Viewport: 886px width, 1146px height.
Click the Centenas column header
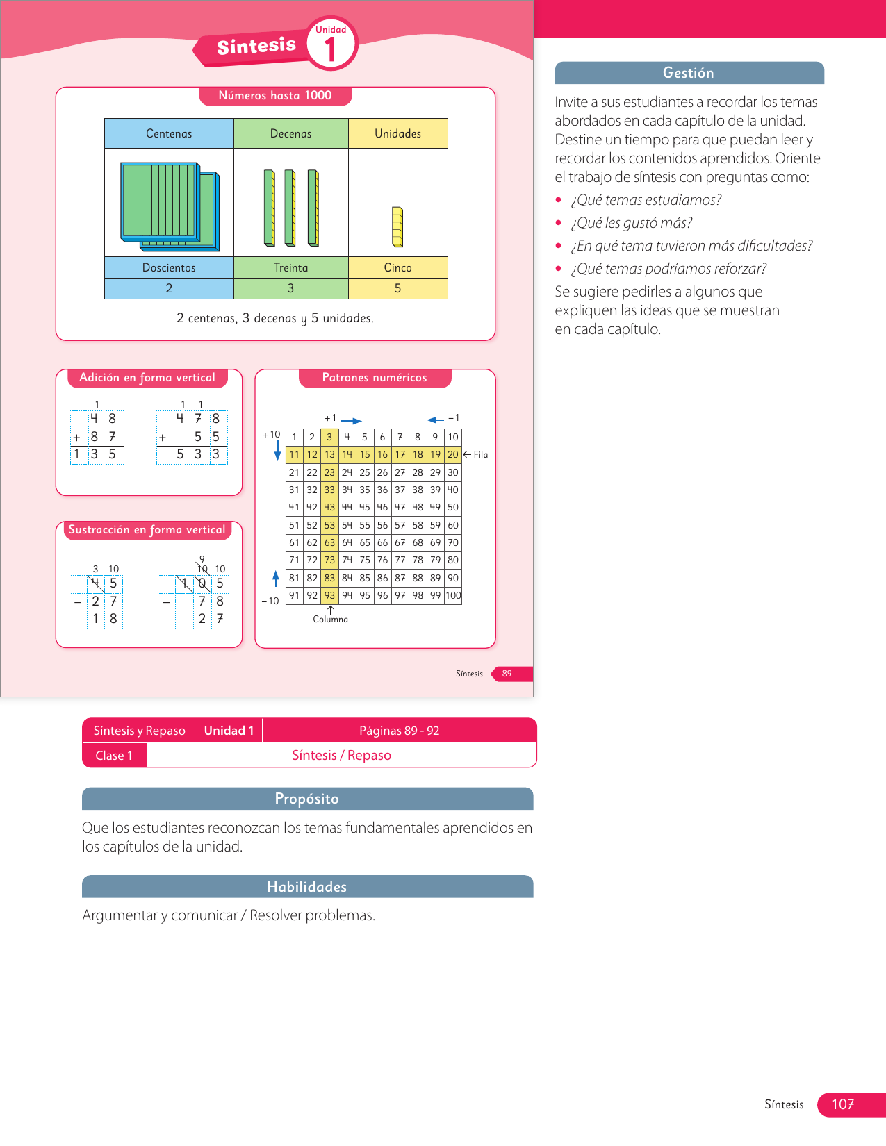pyautogui.click(x=169, y=133)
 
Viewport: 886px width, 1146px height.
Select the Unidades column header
pyautogui.click(x=397, y=133)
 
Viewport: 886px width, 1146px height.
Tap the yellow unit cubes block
pyautogui.click(x=397, y=226)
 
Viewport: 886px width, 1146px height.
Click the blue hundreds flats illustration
pyautogui.click(x=170, y=206)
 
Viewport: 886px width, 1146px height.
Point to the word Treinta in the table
pyautogui.click(x=290, y=267)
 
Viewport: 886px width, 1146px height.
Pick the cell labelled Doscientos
pyautogui.click(x=169, y=267)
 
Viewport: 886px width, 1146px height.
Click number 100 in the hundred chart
pyautogui.click(x=453, y=595)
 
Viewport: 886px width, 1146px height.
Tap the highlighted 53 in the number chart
pyautogui.click(x=329, y=525)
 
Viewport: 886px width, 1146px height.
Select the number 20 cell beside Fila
pyautogui.click(x=453, y=454)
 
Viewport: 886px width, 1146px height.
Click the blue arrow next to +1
pyautogui.click(x=352, y=421)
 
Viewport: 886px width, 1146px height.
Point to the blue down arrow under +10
pyautogui.click(x=277, y=451)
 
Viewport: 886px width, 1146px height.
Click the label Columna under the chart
pyautogui.click(x=330, y=619)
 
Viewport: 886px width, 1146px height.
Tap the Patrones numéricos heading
pyautogui.click(x=375, y=378)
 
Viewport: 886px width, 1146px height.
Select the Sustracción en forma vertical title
pyautogui.click(x=147, y=530)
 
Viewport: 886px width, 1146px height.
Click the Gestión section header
pyautogui.click(x=689, y=73)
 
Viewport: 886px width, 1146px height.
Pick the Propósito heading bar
pyautogui.click(x=307, y=799)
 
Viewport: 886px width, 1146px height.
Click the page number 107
pyautogui.click(x=843, y=1104)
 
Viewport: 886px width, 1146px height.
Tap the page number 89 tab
pyautogui.click(x=507, y=674)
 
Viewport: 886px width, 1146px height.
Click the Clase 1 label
pyautogui.click(x=114, y=756)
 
